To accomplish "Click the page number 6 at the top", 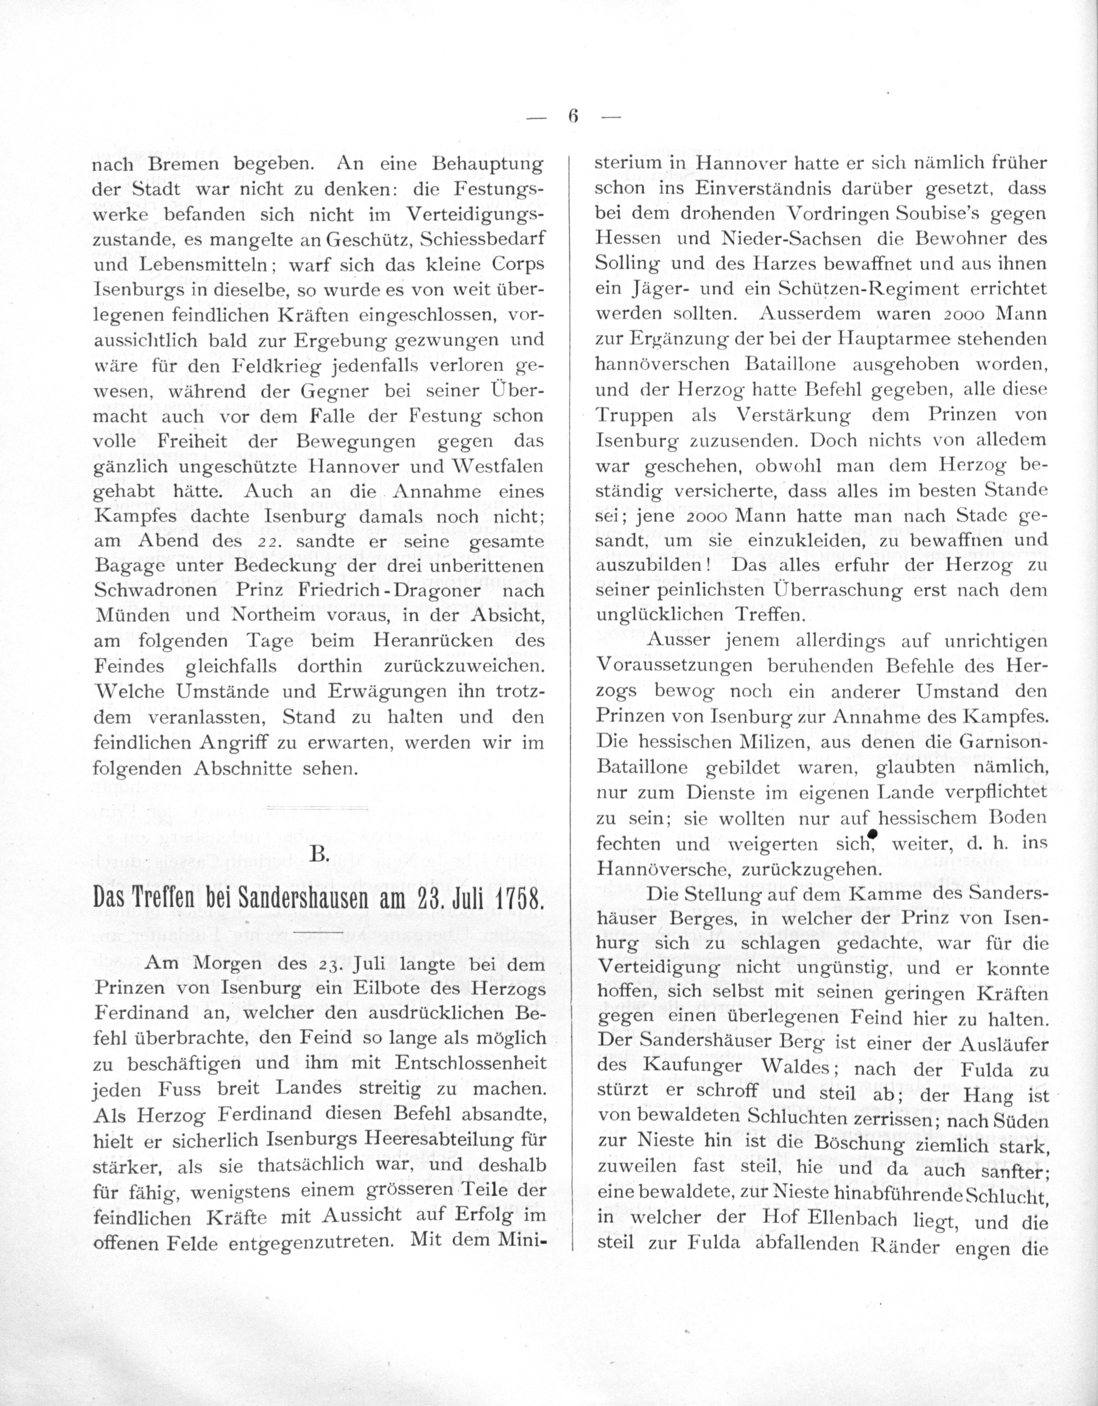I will coord(573,116).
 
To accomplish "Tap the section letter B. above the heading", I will coord(319,854).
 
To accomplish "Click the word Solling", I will coord(628,265).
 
